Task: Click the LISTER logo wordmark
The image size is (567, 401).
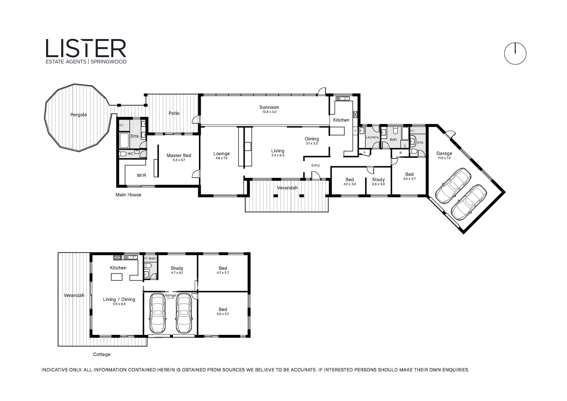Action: (x=86, y=48)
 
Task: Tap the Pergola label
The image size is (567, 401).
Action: (x=78, y=115)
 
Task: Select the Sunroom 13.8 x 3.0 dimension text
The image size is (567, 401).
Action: (x=269, y=112)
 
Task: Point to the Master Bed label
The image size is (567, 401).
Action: (x=179, y=155)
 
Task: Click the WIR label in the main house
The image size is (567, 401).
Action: (x=141, y=175)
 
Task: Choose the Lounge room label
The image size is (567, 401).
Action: (x=222, y=153)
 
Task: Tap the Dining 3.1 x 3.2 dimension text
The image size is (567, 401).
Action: (x=312, y=143)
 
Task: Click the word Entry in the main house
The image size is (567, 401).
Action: (x=315, y=165)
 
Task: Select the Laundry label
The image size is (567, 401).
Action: (x=372, y=137)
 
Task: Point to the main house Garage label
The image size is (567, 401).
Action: (x=444, y=153)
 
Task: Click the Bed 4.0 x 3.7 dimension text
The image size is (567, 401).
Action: (x=409, y=179)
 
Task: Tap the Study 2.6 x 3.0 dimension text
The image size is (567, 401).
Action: (x=378, y=184)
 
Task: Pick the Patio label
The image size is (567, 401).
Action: (x=174, y=113)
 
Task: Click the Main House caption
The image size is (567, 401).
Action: (x=128, y=195)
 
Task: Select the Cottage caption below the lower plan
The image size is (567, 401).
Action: (x=102, y=354)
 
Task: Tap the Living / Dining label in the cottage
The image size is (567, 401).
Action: (x=119, y=299)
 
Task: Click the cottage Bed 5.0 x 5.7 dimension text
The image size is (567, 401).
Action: (x=223, y=314)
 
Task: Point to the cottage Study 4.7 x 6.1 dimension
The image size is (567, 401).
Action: (x=177, y=273)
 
